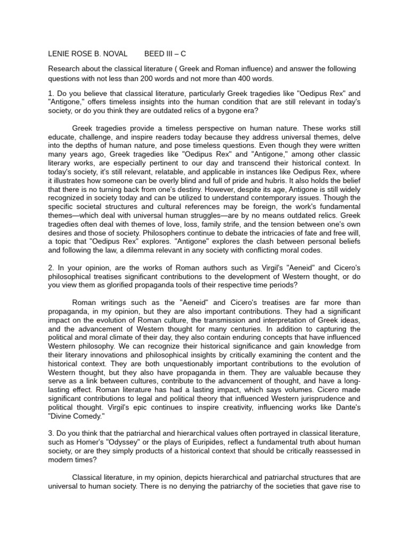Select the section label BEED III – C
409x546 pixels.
coord(166,54)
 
